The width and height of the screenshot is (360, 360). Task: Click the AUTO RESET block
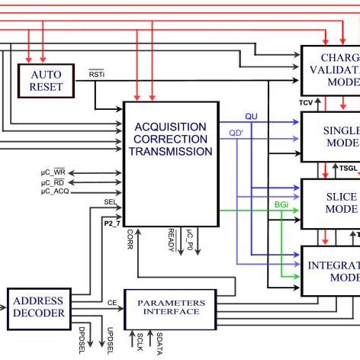[45, 80]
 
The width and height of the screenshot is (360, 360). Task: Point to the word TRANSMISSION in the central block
[170, 151]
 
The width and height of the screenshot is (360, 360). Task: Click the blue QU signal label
[251, 116]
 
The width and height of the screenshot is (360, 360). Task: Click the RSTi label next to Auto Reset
[97, 74]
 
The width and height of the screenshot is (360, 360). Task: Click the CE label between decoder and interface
[111, 302]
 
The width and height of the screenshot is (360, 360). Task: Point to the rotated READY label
[171, 239]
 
